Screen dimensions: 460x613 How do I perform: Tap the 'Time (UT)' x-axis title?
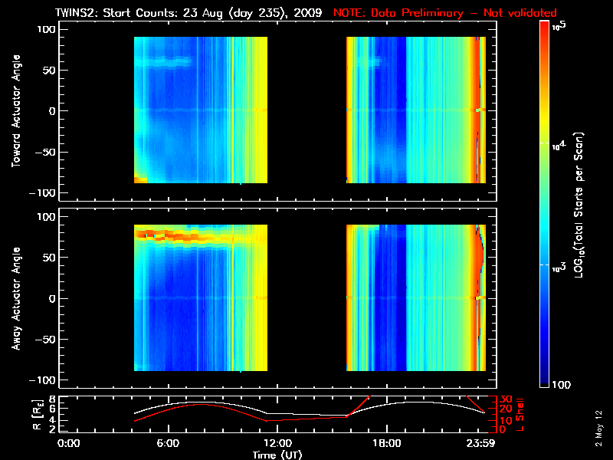click(x=277, y=455)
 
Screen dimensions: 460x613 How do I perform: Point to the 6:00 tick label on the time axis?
click(x=169, y=443)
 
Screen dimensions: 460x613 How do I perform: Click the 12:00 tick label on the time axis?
click(x=277, y=443)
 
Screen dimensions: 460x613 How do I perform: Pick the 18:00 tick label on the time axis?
click(x=385, y=443)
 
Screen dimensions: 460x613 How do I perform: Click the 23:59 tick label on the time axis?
click(x=484, y=443)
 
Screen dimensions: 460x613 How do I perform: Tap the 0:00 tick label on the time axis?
click(x=69, y=443)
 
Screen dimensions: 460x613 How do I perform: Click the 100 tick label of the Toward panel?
click(x=47, y=29)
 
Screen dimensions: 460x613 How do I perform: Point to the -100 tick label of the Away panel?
click(x=44, y=380)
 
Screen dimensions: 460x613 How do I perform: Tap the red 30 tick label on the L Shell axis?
click(x=506, y=399)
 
